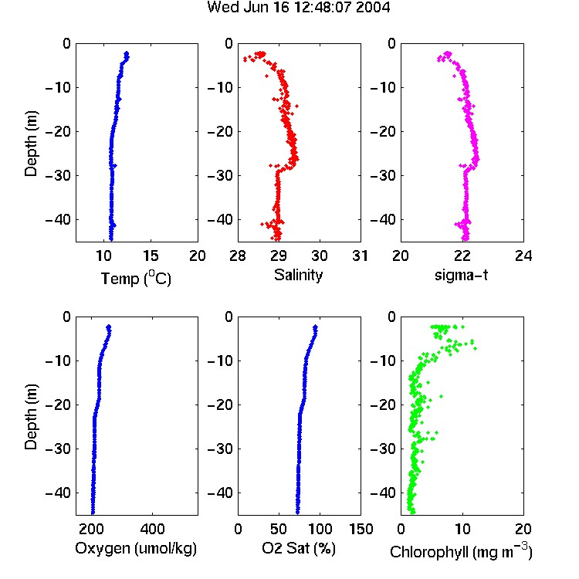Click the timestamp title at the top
coord(298,8)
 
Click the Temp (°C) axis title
coord(136,278)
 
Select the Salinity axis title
coord(298,275)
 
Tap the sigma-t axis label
coord(461,275)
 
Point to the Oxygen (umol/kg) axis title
coord(136,548)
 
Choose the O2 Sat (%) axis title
coord(299,548)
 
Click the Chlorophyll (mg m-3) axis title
coord(461,551)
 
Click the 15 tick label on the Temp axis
coord(151,256)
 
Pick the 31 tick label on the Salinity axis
coord(360,256)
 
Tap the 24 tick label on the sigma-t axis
coord(523,256)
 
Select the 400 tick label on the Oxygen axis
coord(152,529)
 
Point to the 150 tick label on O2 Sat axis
coord(361,529)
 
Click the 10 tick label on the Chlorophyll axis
coord(462,529)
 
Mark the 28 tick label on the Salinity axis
coord(238,256)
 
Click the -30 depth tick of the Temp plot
coord(58,175)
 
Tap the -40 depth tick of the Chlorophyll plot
coord(383,493)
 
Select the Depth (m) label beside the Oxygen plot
coord(31,417)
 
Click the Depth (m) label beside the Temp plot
coord(31,144)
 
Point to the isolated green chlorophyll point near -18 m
coord(441,396)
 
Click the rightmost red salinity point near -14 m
coord(296,106)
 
